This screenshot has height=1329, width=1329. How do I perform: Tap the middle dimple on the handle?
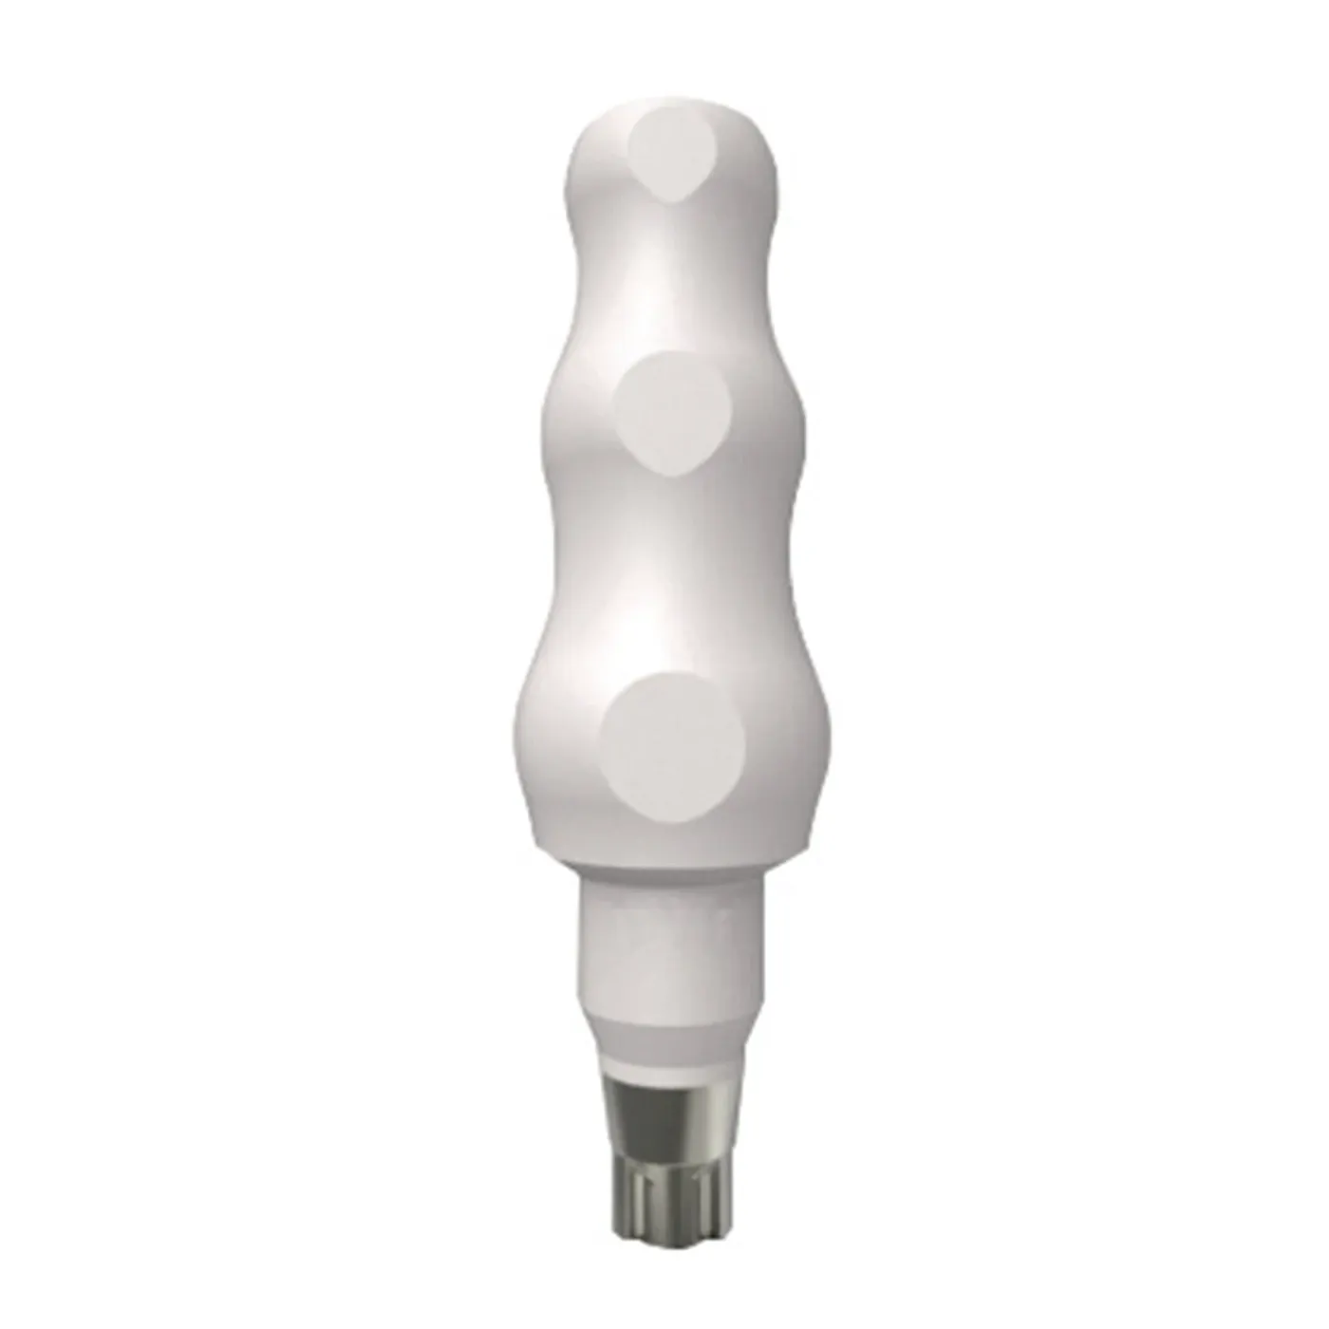coord(672,412)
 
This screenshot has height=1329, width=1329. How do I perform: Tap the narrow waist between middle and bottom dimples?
coord(672,570)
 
